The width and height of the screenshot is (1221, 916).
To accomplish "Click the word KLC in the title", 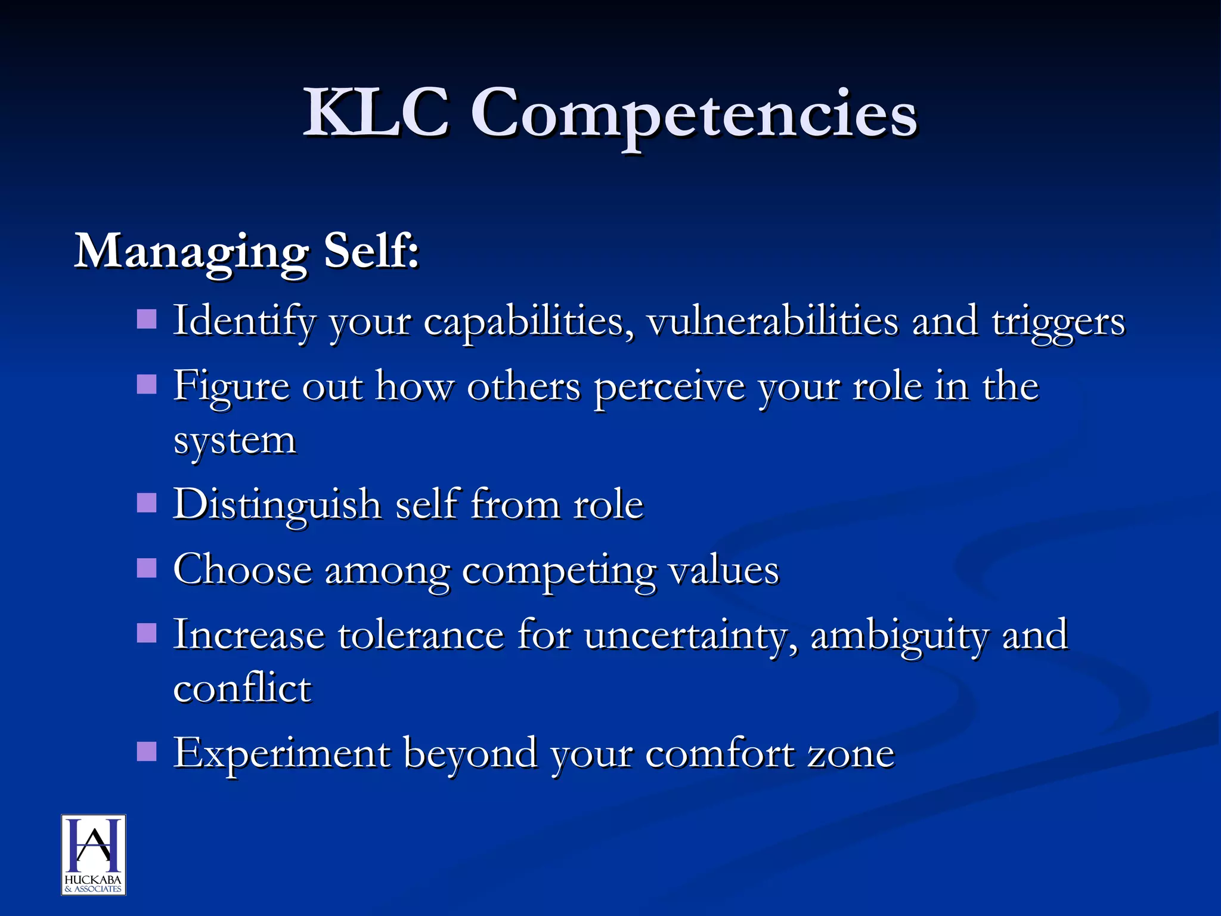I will tap(376, 112).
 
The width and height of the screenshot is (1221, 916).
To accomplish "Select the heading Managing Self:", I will tap(247, 251).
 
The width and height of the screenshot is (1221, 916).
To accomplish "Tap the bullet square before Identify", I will tap(147, 319).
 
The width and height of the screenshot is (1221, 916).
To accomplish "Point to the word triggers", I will tap(1058, 323).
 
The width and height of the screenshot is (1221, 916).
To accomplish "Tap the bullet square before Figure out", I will tap(147, 385).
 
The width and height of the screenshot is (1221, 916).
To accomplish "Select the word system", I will tap(234, 442).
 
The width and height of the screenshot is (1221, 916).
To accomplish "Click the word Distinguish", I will tap(277, 505).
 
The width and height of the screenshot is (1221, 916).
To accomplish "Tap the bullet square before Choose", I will tap(147, 568).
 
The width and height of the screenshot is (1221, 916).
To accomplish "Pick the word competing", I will tap(559, 571).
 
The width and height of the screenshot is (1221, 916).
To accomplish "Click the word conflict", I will tap(242, 688).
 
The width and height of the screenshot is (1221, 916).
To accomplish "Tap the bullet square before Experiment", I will tap(147, 752).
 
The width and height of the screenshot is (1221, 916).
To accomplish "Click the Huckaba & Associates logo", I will tap(94, 855).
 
